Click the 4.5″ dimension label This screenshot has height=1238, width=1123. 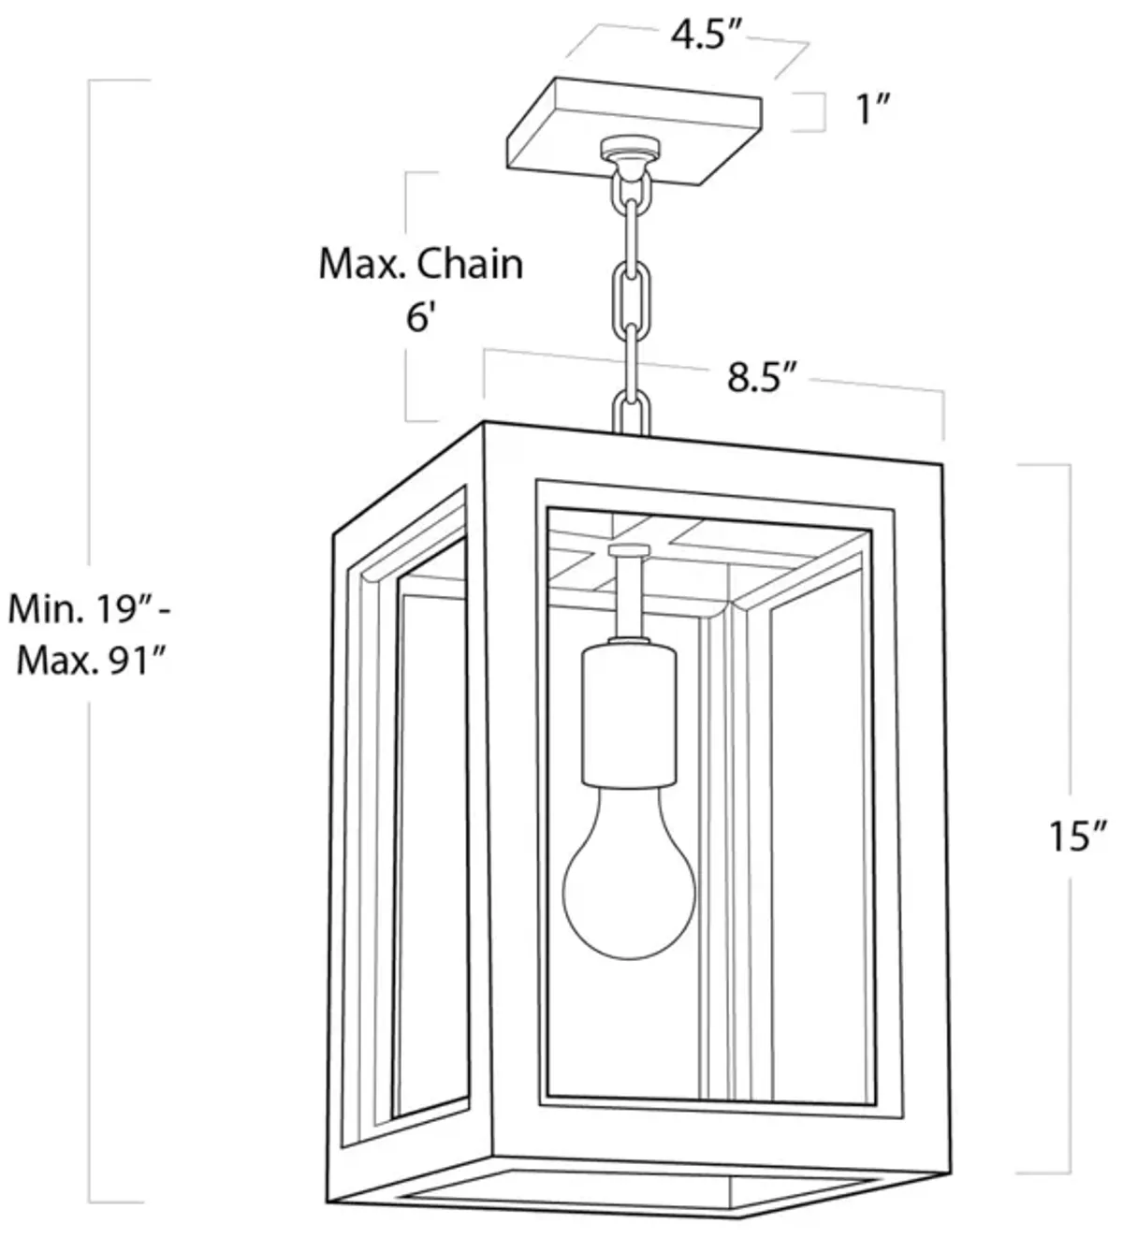706,36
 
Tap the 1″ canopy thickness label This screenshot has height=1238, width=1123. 873,109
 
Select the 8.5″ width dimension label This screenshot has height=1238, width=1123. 763,377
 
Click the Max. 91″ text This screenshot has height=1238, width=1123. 92,661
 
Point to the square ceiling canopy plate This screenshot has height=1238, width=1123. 634,131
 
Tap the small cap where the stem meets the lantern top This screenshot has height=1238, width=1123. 629,550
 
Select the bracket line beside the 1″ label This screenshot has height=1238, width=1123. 824,112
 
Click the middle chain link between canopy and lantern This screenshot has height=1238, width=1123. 630,287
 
